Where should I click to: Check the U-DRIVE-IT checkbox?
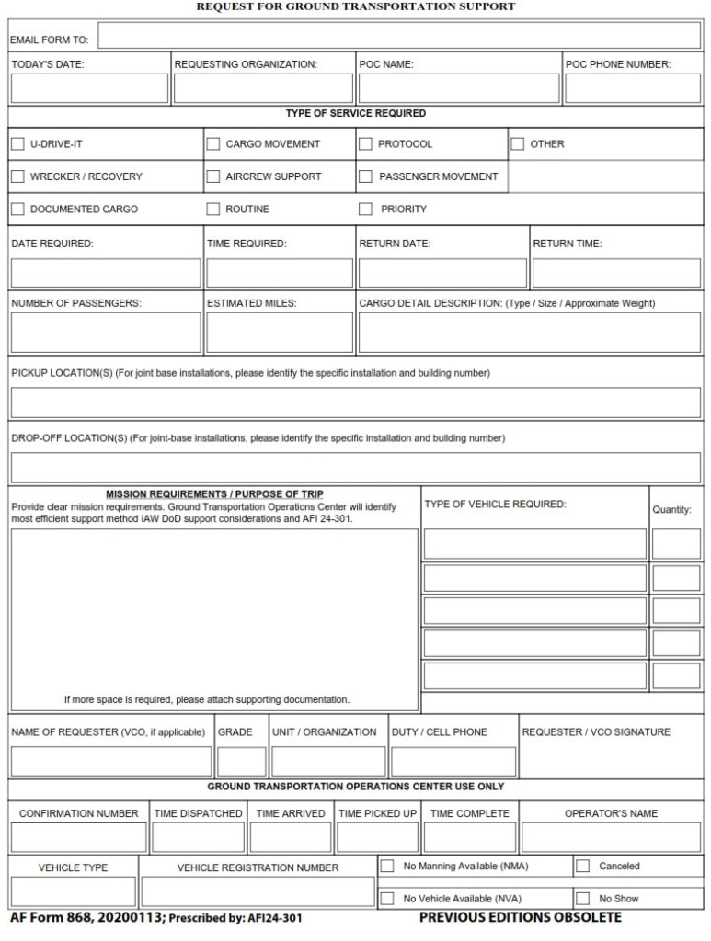pos(17,144)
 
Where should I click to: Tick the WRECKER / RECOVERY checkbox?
pos(17,176)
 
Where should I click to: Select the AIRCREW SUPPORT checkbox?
pos(213,176)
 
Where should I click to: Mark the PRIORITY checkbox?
pos(365,209)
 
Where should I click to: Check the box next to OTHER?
pos(518,144)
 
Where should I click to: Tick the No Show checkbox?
pos(582,898)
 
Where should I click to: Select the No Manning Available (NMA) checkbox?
pos(387,866)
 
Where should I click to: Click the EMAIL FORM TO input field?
pos(398,36)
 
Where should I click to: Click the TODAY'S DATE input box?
pos(89,88)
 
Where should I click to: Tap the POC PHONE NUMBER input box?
pos(632,88)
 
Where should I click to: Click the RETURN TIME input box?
pos(616,273)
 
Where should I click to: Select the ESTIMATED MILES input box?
pos(279,333)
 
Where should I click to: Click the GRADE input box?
pos(242,762)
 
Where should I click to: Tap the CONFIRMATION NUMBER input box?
pos(79,837)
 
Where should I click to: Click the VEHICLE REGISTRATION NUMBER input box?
pos(258,891)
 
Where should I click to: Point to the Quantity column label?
pos(671,510)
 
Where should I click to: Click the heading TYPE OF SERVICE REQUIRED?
pos(355,113)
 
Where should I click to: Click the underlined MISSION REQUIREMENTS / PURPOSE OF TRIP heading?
pos(214,493)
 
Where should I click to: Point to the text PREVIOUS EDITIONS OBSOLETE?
pos(520,917)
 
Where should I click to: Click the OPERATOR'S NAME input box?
pos(611,837)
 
